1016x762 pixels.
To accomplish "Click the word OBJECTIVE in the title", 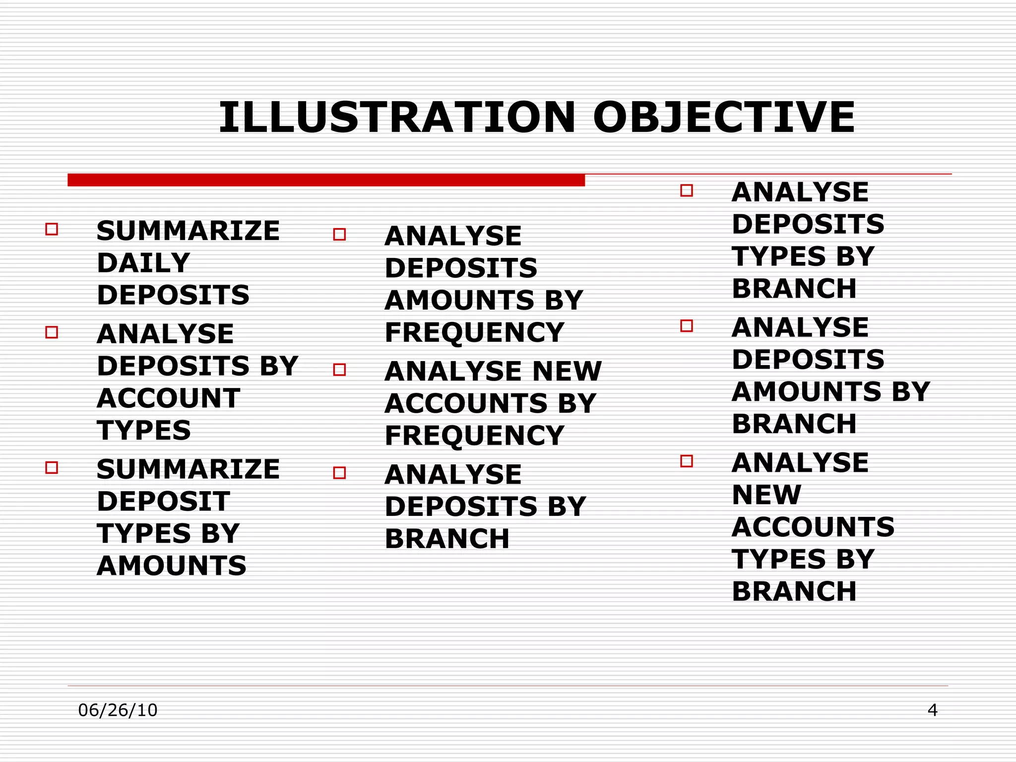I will tap(724, 118).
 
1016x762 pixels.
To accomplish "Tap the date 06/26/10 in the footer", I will tap(118, 710).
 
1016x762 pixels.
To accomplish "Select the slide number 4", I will tap(932, 710).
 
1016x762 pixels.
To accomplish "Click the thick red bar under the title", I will tap(326, 180).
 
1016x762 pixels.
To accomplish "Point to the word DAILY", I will tap(143, 263).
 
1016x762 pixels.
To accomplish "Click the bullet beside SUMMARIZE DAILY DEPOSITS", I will tap(52, 229).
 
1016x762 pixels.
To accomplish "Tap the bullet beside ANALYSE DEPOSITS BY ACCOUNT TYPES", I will tap(52, 332).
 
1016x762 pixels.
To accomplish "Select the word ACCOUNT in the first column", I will tap(169, 398).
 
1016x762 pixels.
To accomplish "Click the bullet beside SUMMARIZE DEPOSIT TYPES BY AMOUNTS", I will tap(52, 467).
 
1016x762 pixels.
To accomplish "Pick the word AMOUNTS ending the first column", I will tap(172, 566).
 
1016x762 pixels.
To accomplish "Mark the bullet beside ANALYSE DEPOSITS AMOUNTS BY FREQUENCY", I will tap(339, 234).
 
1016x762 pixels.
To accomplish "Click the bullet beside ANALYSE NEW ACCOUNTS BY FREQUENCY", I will tap(339, 370).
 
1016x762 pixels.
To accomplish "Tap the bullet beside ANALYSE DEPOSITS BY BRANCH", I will tap(339, 473).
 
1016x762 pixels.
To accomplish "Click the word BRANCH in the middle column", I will tap(447, 539).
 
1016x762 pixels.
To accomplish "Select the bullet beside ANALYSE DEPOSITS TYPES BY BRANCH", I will tap(687, 190).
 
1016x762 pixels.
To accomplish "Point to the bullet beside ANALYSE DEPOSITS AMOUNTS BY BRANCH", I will tap(687, 326).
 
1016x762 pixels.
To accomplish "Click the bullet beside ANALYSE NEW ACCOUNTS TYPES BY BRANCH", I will tap(687, 461).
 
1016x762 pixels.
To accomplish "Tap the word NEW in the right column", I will tap(766, 495).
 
